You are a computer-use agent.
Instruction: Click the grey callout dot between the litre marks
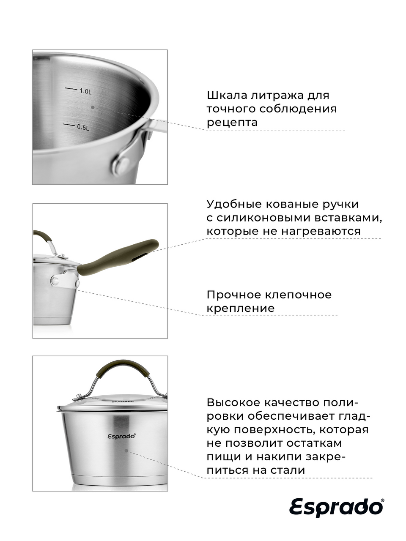(x=93, y=107)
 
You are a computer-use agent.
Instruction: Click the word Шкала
(x=227, y=96)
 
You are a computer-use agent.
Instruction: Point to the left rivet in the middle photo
(x=55, y=281)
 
